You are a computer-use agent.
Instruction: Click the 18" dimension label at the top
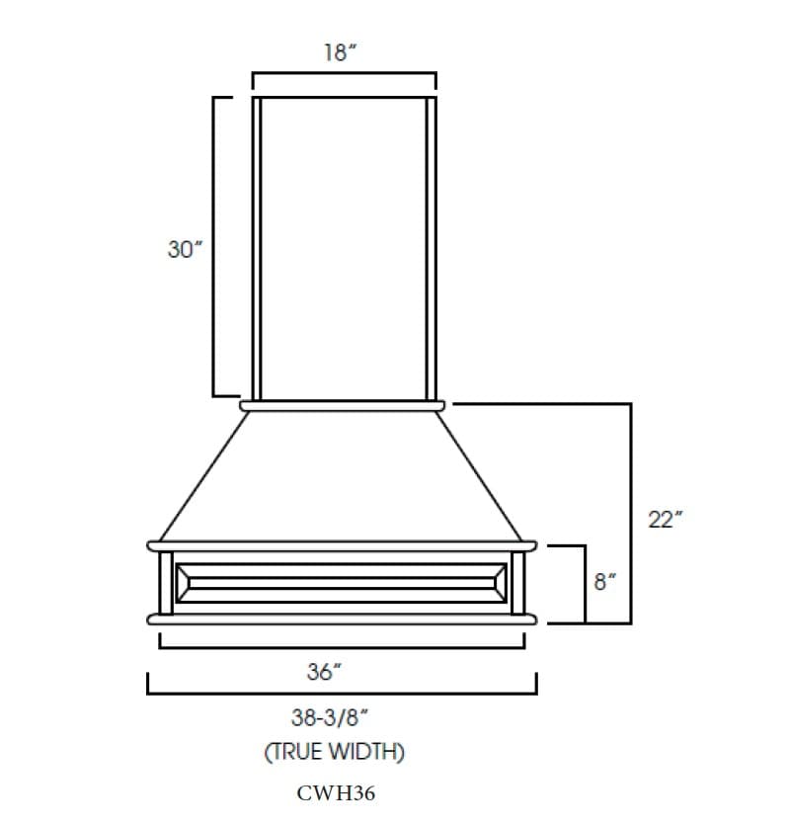341,53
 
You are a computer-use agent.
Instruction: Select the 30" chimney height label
185,249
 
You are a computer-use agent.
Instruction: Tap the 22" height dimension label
665,520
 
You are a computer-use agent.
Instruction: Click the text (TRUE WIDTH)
334,752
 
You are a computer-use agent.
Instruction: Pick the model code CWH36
336,793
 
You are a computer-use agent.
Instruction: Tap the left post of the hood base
166,582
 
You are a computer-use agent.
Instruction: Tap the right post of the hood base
518,582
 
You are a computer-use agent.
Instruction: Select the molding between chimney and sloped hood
343,404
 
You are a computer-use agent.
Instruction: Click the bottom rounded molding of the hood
342,619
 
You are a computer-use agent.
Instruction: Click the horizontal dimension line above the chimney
344,73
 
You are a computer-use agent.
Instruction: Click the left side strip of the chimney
257,247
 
